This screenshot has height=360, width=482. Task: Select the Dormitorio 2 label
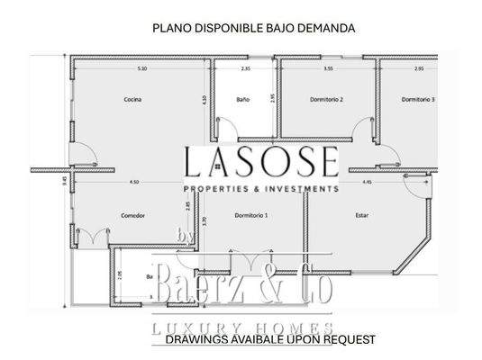328,98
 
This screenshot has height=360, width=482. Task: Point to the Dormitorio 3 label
419,98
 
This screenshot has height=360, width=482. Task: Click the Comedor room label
132,215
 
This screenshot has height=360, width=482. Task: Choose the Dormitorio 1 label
250,215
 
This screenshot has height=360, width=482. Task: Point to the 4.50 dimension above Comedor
134,183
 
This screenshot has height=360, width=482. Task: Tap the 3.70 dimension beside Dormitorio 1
205,220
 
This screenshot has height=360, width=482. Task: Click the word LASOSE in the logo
261,163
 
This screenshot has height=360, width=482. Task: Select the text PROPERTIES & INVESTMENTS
261,189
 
